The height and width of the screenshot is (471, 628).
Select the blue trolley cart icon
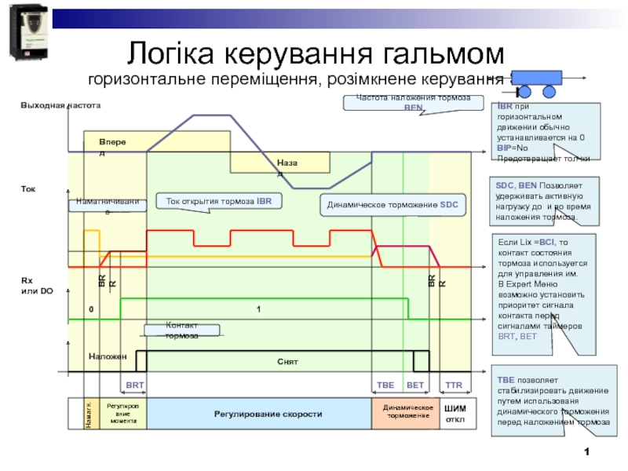[538, 78]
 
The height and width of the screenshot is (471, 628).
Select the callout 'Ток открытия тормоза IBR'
[218, 202]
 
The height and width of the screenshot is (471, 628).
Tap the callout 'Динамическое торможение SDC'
[392, 206]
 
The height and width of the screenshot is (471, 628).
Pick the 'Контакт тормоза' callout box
[182, 330]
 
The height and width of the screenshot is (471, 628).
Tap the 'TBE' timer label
[386, 385]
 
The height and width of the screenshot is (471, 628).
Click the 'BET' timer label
[415, 385]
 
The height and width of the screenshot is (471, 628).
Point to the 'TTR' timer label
[454, 385]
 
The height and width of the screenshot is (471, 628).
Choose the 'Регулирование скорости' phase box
[259, 413]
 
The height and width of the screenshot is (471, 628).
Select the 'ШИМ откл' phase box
[455, 413]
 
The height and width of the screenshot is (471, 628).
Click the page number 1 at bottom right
[586, 453]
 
